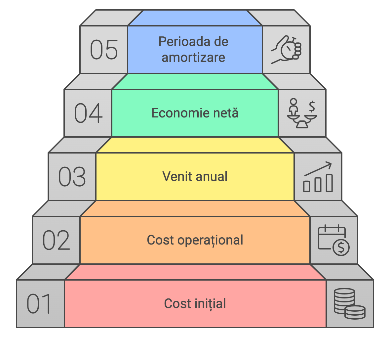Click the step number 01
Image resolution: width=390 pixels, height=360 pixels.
(x=39, y=304)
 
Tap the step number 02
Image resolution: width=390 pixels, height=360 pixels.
(x=56, y=240)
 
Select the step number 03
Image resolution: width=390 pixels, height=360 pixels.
(x=72, y=177)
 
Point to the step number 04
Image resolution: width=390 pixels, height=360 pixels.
(x=88, y=113)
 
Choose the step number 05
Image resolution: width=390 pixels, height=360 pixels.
(x=104, y=50)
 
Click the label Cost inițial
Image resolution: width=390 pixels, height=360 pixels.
(x=195, y=304)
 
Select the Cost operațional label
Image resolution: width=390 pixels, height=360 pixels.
(x=195, y=240)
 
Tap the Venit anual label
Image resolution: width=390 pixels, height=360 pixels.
(x=195, y=176)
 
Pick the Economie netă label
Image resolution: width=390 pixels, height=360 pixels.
(x=195, y=113)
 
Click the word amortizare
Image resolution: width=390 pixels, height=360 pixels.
(x=193, y=58)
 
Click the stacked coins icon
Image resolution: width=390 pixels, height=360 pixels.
(x=349, y=304)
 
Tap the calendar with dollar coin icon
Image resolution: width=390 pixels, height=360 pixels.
(x=333, y=240)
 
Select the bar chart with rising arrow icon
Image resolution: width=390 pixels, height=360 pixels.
(x=318, y=177)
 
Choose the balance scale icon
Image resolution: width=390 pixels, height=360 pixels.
(x=302, y=113)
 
